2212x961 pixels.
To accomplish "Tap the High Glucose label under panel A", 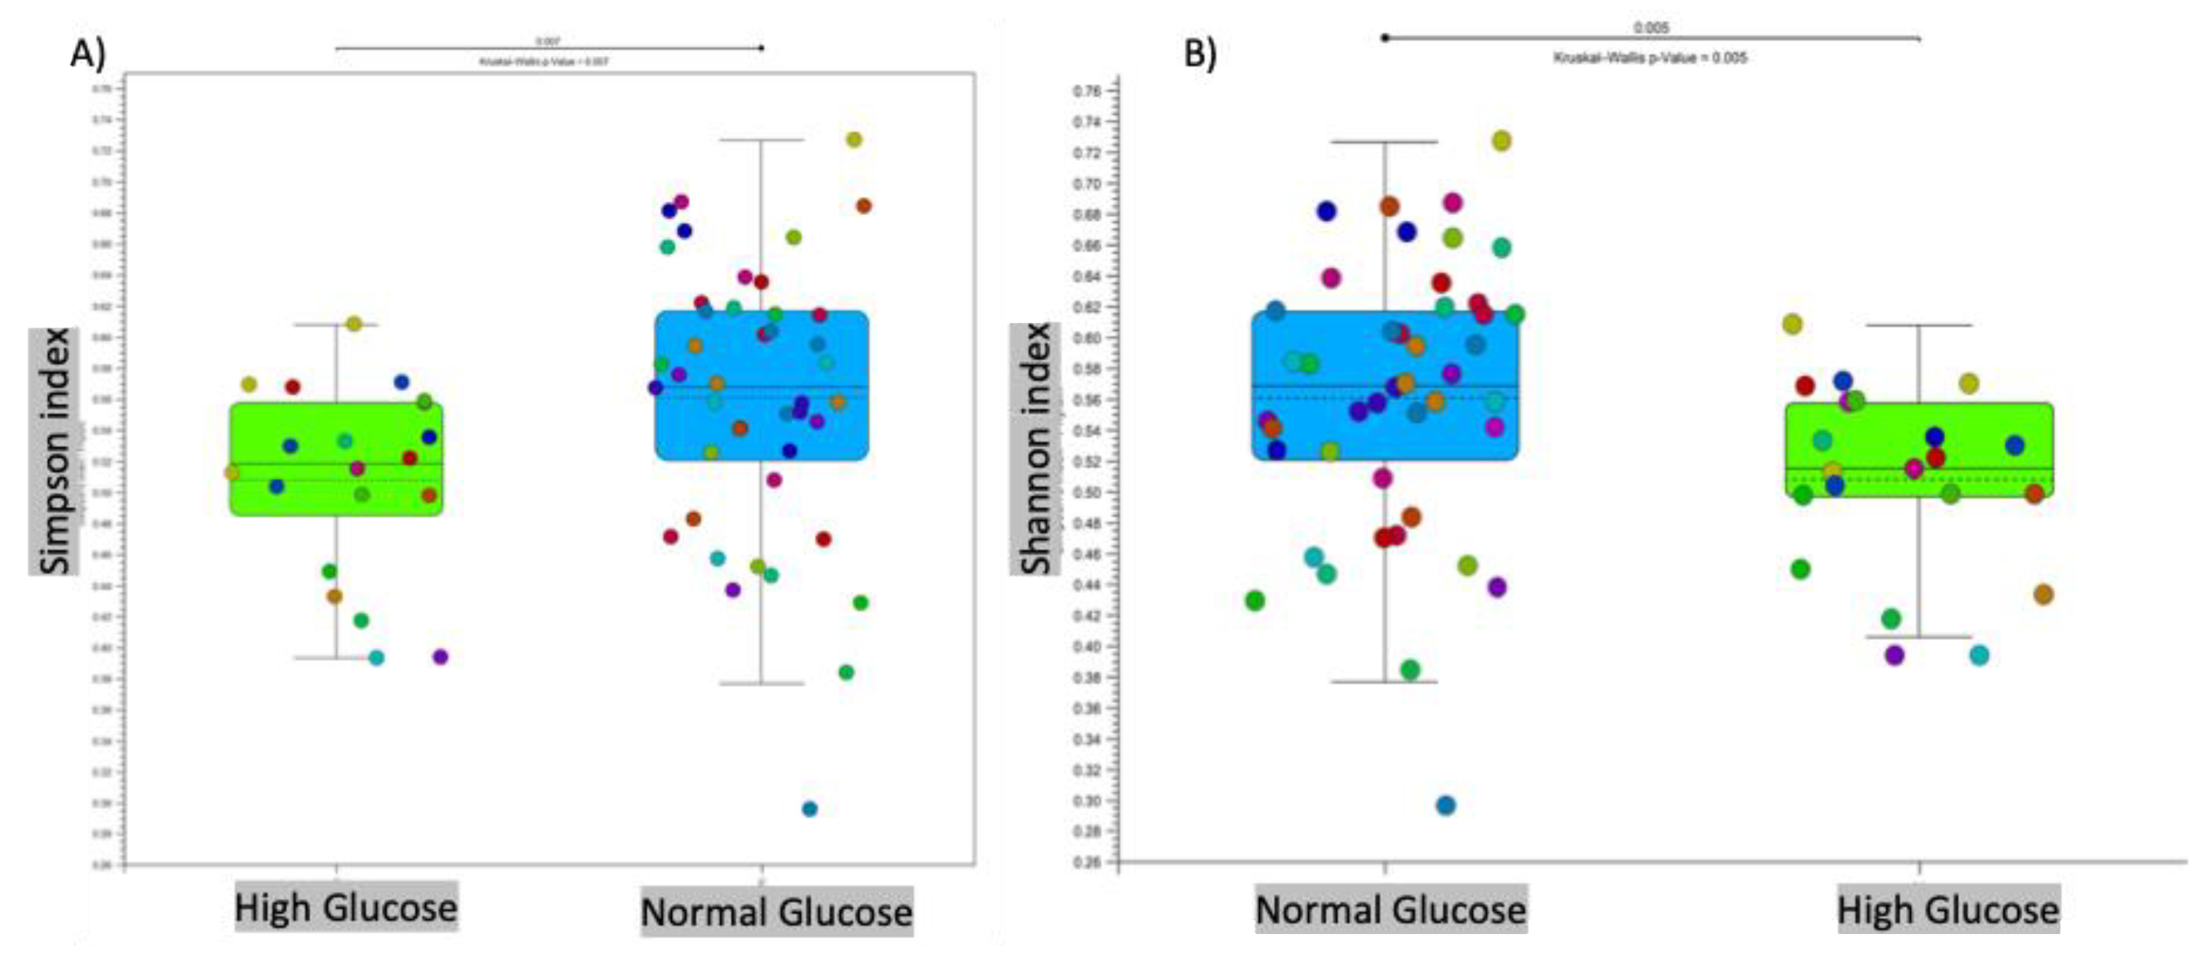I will tap(346, 907).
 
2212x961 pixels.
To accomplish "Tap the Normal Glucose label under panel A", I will tap(776, 911).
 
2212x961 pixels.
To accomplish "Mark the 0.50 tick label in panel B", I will tap(1088, 492).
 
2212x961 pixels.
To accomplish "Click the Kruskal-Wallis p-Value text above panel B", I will tap(1649, 57).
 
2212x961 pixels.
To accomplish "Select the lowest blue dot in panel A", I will tap(809, 808).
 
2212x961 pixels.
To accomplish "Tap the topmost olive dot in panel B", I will tap(1501, 141).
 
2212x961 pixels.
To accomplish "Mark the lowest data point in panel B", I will tap(1446, 805).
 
